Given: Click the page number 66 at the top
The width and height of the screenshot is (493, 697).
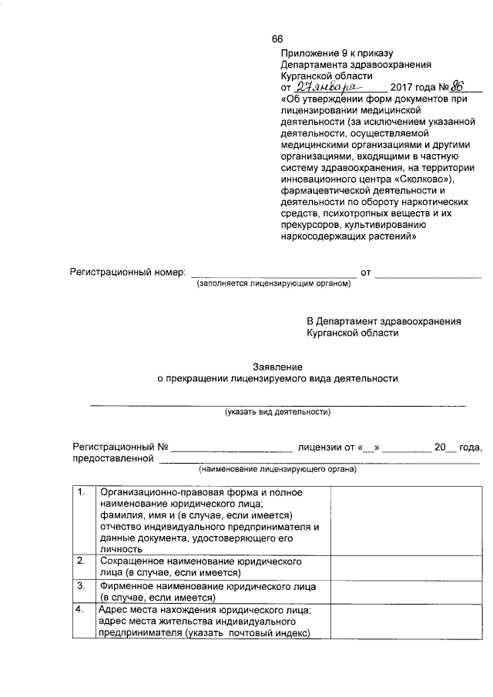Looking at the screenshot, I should (x=277, y=39).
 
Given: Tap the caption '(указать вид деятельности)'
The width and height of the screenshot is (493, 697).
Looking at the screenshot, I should (x=277, y=412).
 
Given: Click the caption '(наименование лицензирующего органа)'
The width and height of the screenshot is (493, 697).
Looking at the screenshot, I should (x=277, y=468).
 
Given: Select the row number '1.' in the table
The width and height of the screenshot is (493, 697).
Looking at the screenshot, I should (x=82, y=492).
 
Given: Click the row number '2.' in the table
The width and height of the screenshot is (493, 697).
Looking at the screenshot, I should (x=82, y=562).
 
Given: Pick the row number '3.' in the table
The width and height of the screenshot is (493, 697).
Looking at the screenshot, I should (x=82, y=586).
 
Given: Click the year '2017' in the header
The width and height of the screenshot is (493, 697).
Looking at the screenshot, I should (x=403, y=87).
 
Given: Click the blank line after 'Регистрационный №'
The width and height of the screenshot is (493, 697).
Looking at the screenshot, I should (x=231, y=447).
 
